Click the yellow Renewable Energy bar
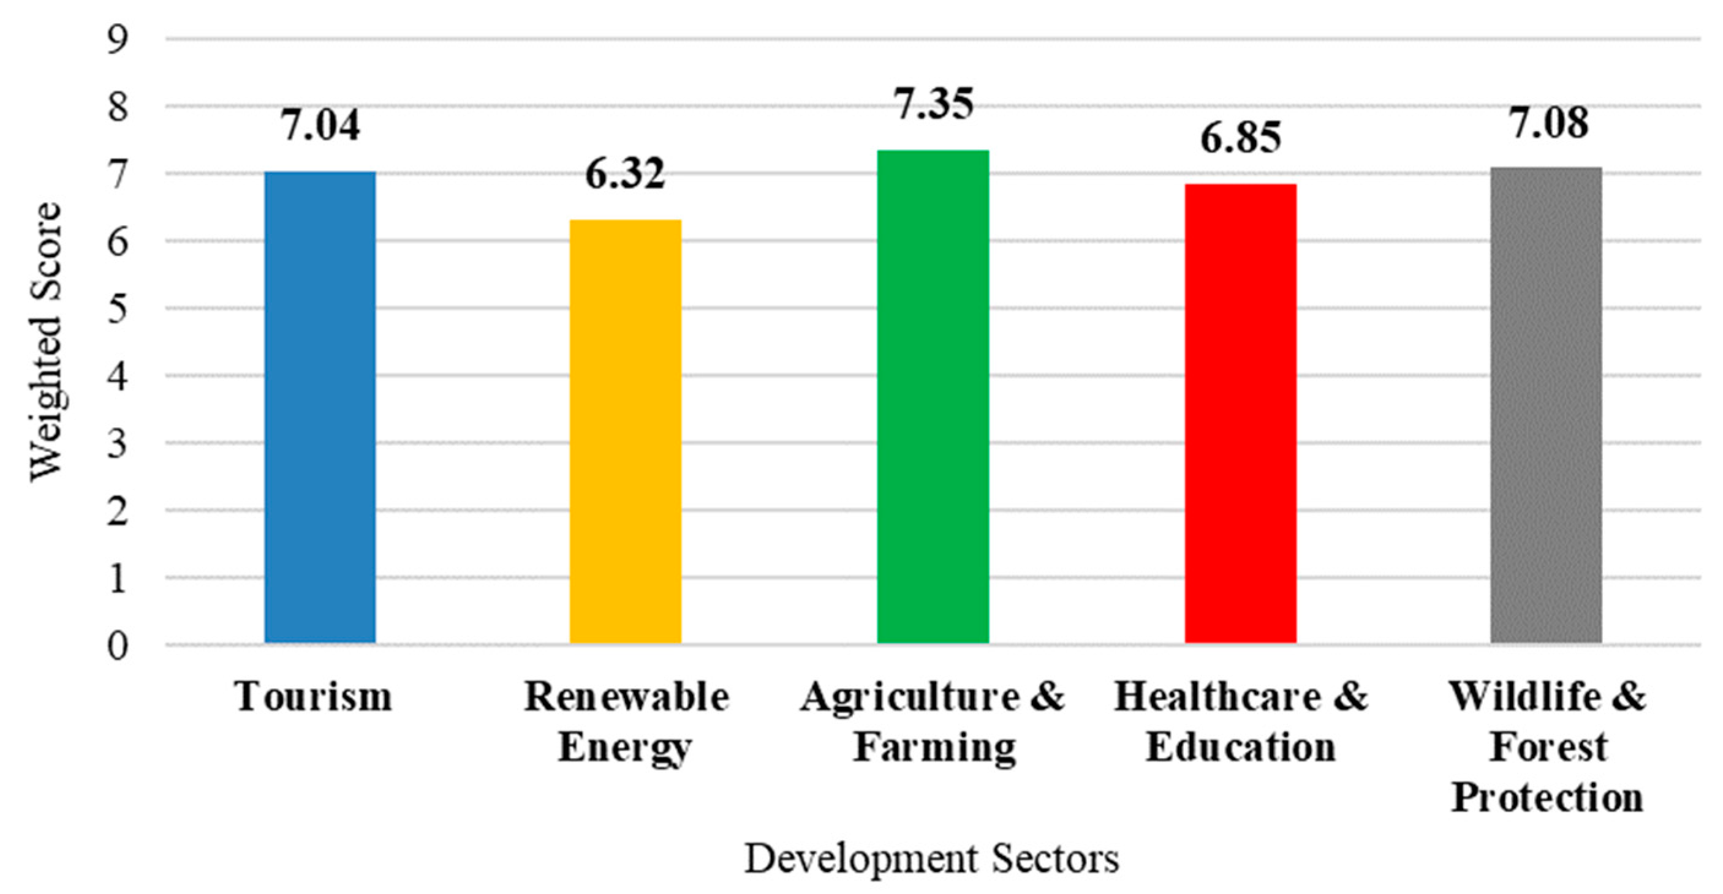(x=625, y=431)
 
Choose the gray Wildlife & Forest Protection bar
(x=1546, y=405)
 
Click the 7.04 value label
(x=320, y=125)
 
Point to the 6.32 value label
(x=625, y=174)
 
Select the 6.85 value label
(x=1240, y=138)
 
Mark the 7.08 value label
(x=1548, y=123)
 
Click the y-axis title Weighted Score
(x=45, y=341)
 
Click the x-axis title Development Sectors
(x=932, y=858)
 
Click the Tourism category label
(x=313, y=697)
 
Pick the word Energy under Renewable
(x=624, y=748)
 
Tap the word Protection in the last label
(x=1547, y=798)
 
